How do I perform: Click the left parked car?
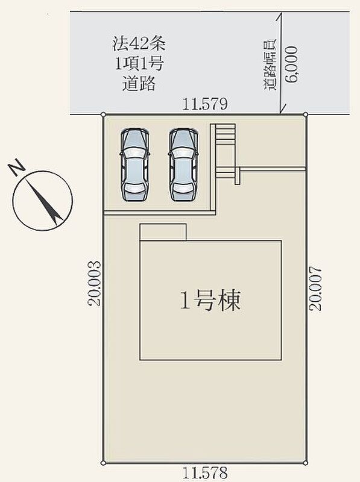(134, 164)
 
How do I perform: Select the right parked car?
(183, 164)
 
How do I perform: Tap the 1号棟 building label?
(210, 300)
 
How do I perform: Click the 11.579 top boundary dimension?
(205, 104)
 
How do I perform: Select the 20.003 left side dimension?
(94, 283)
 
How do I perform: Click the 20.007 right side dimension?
(316, 289)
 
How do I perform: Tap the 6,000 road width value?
(291, 64)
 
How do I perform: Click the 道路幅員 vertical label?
(270, 65)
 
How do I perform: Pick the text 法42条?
(139, 43)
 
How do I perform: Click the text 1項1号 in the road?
(139, 64)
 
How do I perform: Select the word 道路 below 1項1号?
(139, 83)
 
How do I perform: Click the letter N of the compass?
(17, 167)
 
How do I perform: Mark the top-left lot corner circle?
(103, 115)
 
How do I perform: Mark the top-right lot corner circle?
(306, 114)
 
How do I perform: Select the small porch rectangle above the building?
(163, 233)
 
